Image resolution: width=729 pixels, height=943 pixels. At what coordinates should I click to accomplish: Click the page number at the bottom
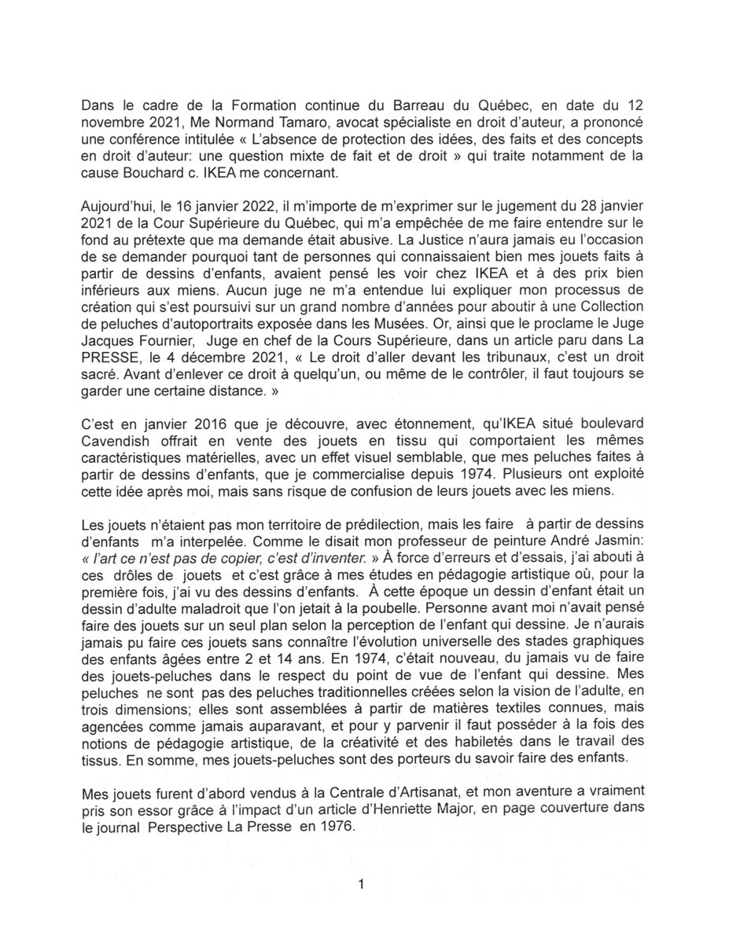click(361, 884)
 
